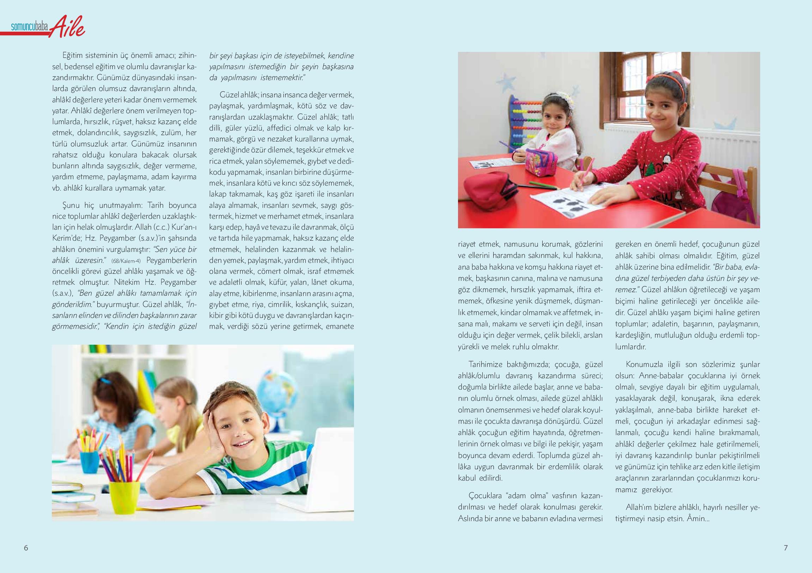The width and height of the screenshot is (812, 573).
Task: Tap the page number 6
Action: (x=26, y=548)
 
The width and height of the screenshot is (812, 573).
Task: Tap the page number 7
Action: (x=786, y=548)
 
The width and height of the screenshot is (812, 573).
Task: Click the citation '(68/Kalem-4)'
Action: (x=126, y=261)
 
